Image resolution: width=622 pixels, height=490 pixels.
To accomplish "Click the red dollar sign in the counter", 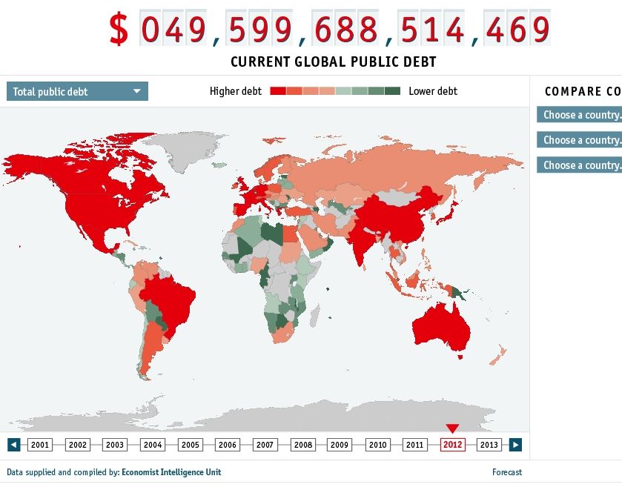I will click(119, 29).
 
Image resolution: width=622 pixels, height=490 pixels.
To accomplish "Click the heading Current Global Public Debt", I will click(333, 62).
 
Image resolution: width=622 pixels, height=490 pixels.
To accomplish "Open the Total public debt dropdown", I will click(77, 91).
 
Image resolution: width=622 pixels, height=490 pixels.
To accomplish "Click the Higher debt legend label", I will click(235, 91).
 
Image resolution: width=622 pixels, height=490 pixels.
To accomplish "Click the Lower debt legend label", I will click(433, 91).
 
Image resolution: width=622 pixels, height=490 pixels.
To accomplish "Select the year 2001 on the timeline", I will click(40, 445).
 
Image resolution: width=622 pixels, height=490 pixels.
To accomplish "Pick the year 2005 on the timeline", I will click(190, 445).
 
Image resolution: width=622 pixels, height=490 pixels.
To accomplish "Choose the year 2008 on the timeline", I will click(302, 445).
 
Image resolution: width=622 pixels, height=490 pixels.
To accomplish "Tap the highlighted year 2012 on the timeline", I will click(452, 445).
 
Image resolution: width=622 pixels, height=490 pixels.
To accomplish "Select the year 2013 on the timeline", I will click(489, 445).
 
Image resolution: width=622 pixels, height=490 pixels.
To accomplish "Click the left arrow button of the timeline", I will click(13, 445).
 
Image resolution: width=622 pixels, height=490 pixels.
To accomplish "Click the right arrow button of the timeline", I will click(515, 445).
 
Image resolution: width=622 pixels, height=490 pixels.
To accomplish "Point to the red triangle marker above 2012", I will click(452, 428).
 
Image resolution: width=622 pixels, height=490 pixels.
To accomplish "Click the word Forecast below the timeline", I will click(507, 472).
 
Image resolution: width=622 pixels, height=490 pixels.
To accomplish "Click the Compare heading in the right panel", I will click(582, 91).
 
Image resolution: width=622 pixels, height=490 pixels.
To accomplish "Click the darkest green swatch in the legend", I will click(392, 91).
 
